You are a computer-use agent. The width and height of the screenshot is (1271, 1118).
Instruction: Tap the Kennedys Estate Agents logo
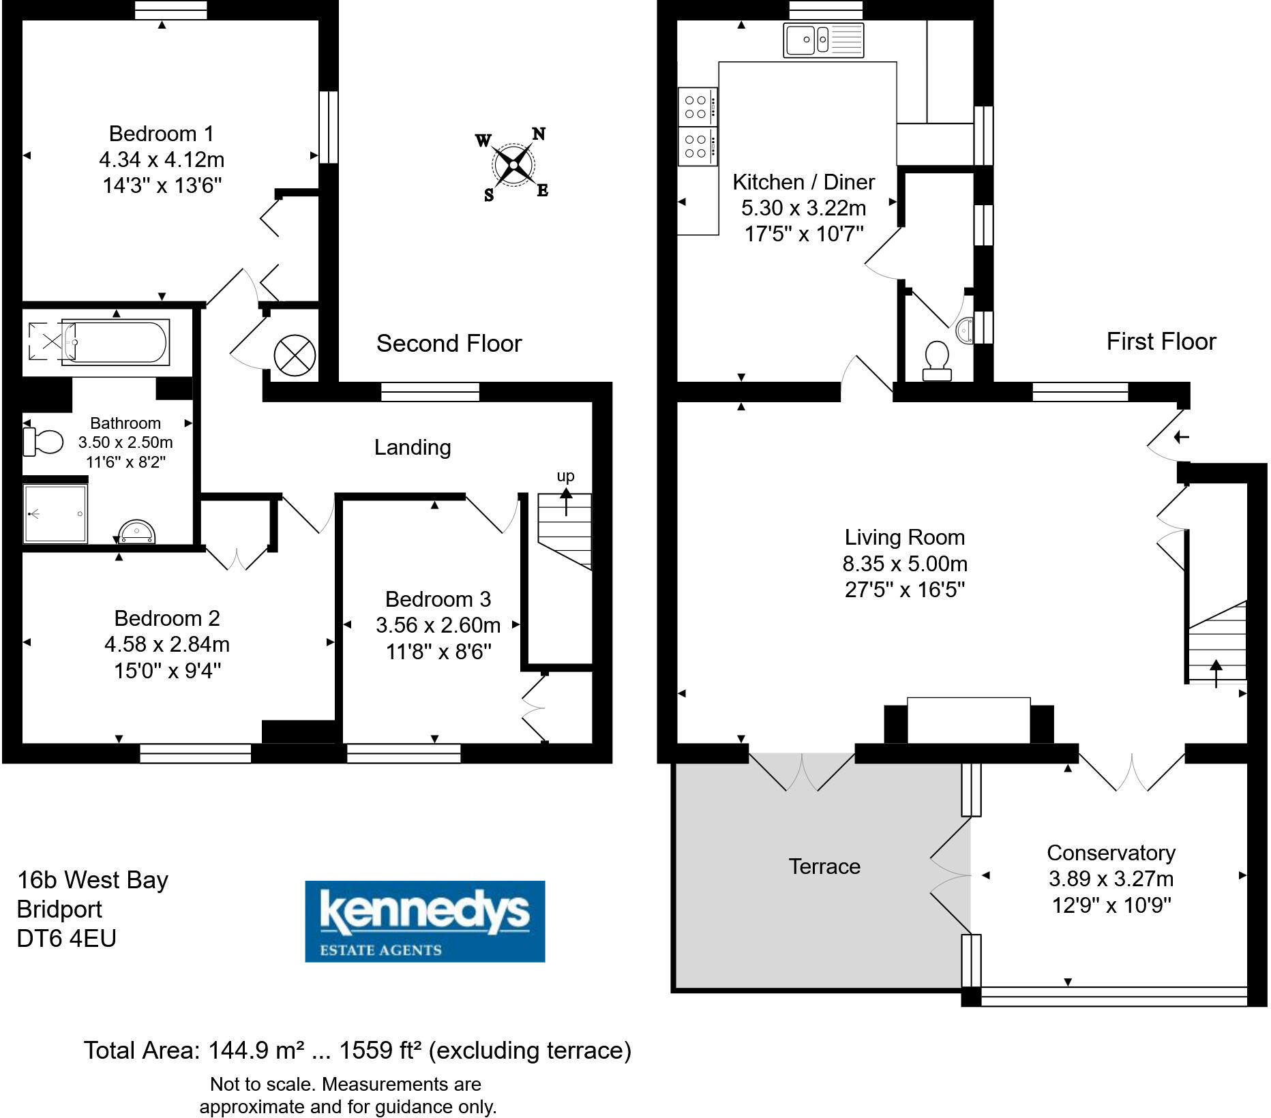coord(424,921)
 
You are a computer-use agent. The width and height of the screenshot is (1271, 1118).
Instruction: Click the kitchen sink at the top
coord(823,40)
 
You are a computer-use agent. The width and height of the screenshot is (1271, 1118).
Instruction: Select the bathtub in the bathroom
coord(116,342)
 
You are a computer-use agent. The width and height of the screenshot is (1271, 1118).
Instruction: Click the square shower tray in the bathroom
coord(55,513)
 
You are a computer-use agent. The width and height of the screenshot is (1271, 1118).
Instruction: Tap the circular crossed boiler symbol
coord(295,355)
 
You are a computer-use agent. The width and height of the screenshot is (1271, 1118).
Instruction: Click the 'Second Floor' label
coord(449,344)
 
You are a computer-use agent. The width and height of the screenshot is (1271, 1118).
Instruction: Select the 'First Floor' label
coord(1161,342)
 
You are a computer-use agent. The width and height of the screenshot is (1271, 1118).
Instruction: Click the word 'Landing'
coord(413,447)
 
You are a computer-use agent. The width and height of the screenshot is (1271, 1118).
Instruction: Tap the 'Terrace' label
coord(824,866)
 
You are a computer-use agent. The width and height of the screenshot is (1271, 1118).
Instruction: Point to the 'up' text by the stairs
coord(565,476)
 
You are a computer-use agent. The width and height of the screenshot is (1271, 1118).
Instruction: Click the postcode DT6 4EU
coord(67,938)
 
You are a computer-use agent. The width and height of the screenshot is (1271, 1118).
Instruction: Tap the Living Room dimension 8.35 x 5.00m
coord(904,564)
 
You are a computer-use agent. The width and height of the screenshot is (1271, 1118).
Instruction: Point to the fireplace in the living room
coord(968,721)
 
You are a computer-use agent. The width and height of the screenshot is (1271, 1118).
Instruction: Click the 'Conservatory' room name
coord(1111,853)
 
